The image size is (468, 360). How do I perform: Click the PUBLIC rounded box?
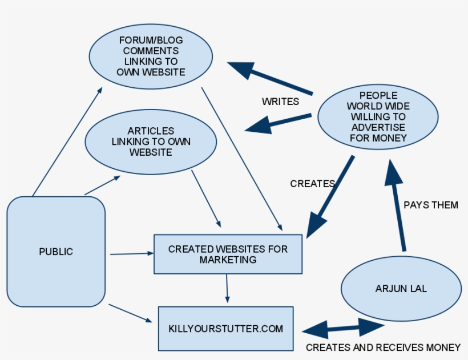[56, 252]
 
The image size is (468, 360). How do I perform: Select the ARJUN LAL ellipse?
[401, 289]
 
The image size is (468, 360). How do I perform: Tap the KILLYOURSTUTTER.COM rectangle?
[225, 329]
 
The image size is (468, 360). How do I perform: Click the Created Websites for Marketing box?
[228, 254]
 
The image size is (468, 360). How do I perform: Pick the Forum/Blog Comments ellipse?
[151, 56]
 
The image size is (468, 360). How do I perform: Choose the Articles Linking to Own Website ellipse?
[151, 141]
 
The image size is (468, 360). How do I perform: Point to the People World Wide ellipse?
[378, 116]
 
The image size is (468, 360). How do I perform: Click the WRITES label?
[280, 102]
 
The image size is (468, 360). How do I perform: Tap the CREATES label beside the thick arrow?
[313, 184]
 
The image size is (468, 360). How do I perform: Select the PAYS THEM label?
[431, 205]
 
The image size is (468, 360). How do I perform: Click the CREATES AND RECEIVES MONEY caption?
[383, 347]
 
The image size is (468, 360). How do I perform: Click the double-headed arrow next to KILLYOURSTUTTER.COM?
[343, 328]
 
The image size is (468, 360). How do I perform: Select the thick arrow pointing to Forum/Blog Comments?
[270, 78]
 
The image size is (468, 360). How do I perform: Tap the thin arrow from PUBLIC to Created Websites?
[132, 254]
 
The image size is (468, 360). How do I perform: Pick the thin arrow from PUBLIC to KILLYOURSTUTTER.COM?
[131, 313]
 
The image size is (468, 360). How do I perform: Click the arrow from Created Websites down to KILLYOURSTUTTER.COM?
[227, 289]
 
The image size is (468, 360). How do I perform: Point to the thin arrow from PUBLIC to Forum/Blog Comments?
[67, 141]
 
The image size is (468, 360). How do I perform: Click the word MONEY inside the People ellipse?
[393, 138]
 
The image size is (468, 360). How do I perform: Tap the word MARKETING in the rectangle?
[228, 260]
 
